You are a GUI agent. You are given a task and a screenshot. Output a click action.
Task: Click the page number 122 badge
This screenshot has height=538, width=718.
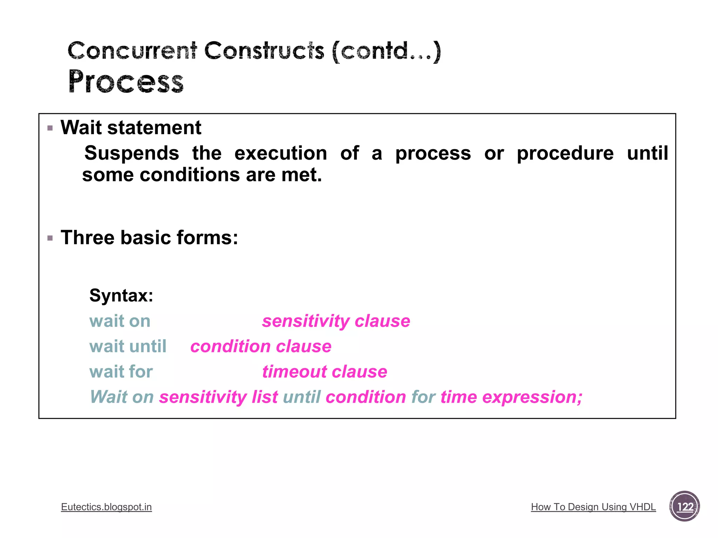coord(684,506)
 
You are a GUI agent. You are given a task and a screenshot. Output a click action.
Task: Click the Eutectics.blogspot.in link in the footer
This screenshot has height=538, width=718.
coord(106,507)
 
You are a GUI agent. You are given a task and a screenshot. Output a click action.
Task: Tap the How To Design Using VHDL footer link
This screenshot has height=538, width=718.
coord(593,507)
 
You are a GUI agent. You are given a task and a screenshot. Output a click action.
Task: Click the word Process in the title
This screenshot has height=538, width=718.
coord(126,82)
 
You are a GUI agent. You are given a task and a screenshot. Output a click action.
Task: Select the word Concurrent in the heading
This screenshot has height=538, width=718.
coord(132,51)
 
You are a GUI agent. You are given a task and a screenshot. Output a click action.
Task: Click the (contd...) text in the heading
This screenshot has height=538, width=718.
coord(386,51)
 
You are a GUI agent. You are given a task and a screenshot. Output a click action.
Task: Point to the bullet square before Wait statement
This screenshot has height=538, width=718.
coord(50,128)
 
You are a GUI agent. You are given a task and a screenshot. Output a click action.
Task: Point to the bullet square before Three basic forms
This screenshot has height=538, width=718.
coord(50,239)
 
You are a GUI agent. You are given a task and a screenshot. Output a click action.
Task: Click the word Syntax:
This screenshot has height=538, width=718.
coord(121,295)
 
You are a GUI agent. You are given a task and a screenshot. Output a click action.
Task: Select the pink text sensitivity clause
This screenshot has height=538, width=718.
coord(336,321)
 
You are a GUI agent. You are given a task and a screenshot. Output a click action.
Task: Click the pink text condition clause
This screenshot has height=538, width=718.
coord(261,346)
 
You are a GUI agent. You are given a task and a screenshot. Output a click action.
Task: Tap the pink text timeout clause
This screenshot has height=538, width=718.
coord(325,372)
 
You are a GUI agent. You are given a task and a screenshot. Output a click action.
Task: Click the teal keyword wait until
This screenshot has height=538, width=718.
coord(128,346)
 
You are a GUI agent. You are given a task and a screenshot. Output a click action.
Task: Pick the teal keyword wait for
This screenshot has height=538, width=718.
coord(121,372)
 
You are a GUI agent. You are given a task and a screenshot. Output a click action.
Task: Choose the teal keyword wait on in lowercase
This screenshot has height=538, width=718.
coord(120,321)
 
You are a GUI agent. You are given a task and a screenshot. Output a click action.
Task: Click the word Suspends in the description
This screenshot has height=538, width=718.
coord(132,153)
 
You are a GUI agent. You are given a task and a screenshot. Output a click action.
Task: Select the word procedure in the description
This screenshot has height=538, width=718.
coord(565,153)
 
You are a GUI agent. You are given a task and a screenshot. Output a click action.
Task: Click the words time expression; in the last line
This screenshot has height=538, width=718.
coord(511,397)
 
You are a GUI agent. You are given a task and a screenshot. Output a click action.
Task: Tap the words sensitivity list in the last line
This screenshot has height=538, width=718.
coord(218,397)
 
